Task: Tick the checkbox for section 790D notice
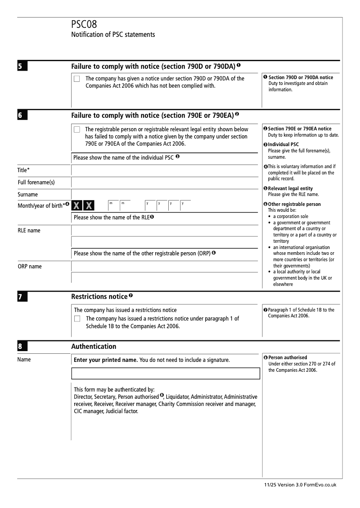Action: click(x=77, y=79)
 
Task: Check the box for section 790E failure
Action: click(x=77, y=129)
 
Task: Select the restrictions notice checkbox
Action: click(x=77, y=319)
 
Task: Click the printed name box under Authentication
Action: click(x=166, y=374)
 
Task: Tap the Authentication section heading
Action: click(x=94, y=347)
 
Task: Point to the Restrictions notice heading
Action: click(x=99, y=297)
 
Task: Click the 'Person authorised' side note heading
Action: click(x=288, y=358)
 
